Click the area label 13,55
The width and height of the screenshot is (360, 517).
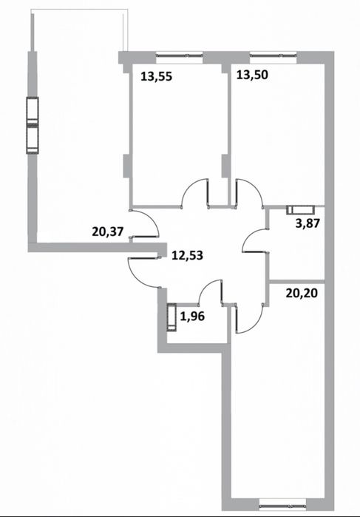pos(156,77)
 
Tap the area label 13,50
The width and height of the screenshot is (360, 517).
pos(252,75)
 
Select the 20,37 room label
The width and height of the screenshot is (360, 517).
pos(108,232)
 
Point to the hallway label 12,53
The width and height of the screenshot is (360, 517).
pos(187,255)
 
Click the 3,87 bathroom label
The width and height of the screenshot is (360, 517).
pos(308,223)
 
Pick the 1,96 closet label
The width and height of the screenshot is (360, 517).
pos(192,317)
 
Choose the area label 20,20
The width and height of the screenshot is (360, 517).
pos(302,292)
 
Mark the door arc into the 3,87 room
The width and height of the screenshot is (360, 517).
pos(247,236)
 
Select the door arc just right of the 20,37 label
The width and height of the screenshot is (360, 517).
pos(154,217)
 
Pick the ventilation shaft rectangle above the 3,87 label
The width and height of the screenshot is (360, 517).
pos(300,210)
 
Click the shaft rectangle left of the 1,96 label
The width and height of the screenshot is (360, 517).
pos(171,317)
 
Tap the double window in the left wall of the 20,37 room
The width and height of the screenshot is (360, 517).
pos(33,125)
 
